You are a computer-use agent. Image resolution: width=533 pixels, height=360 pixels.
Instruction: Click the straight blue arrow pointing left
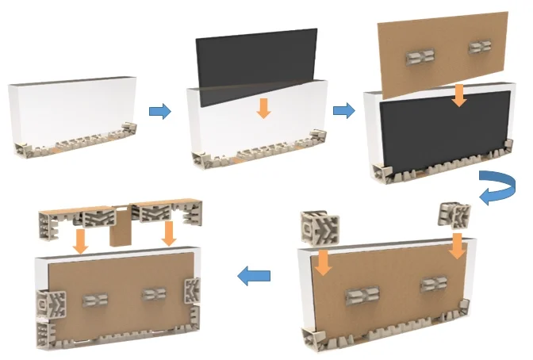point(254,276)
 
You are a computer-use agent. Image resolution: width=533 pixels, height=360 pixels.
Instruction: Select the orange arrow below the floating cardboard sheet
point(458,95)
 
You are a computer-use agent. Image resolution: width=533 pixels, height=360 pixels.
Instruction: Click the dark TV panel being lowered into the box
point(254,59)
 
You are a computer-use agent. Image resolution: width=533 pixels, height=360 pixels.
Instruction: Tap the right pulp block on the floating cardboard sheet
point(480,48)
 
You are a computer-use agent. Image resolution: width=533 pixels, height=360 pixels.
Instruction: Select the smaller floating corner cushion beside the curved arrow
point(454,214)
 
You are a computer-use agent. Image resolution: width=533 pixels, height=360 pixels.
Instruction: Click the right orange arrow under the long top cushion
point(168,233)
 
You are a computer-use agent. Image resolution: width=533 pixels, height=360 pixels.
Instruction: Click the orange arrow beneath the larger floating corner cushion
point(323,262)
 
